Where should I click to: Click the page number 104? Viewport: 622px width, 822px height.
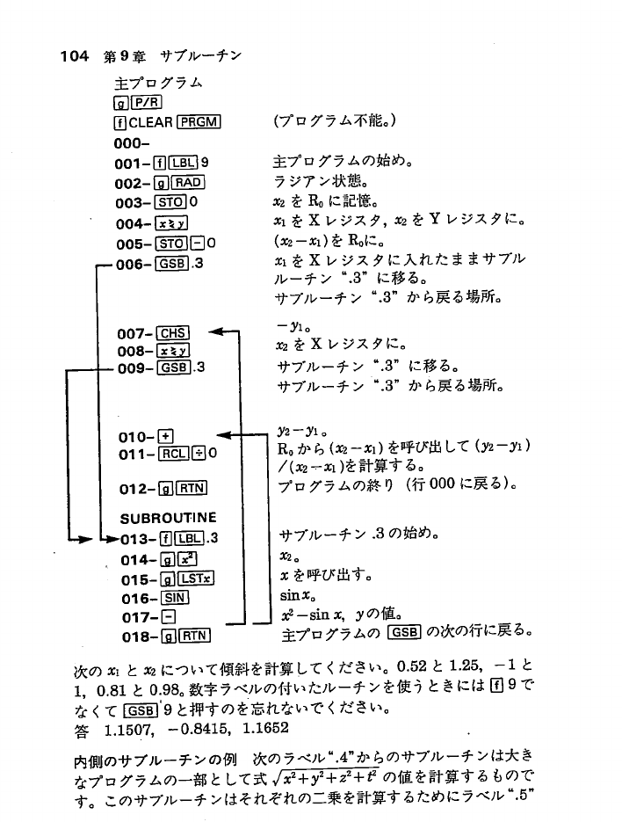point(74,57)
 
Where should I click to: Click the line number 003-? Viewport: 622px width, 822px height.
point(134,203)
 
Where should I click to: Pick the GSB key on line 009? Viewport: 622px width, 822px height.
point(173,367)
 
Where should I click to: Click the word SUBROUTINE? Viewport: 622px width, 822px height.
point(168,517)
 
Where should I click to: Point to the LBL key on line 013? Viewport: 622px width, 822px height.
point(185,538)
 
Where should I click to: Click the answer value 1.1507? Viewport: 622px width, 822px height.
point(126,730)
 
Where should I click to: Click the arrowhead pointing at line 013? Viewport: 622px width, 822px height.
point(108,537)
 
